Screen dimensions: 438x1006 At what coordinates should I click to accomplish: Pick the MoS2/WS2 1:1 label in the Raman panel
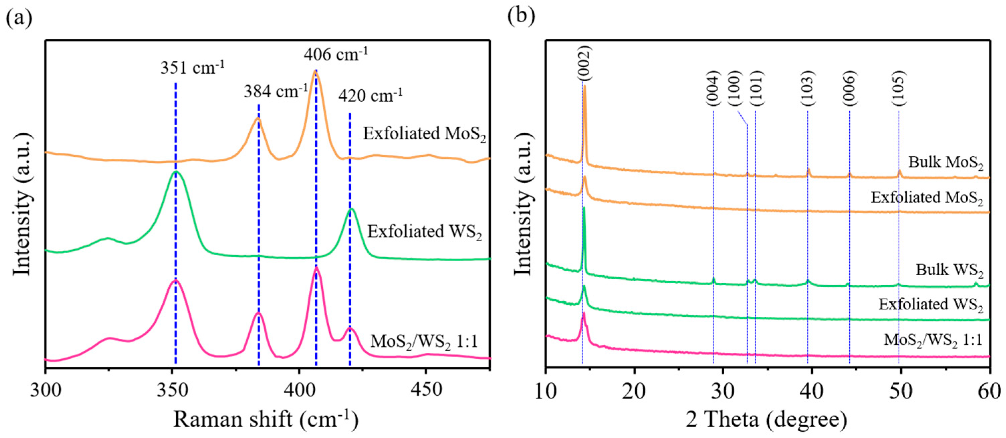(424, 341)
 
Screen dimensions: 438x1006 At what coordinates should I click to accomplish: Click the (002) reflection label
(585, 62)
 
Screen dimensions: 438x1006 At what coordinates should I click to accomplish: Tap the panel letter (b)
(521, 16)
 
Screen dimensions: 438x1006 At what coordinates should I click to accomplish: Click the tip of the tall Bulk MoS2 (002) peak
(585, 86)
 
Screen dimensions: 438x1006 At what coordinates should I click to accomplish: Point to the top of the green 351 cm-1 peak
(176, 171)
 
